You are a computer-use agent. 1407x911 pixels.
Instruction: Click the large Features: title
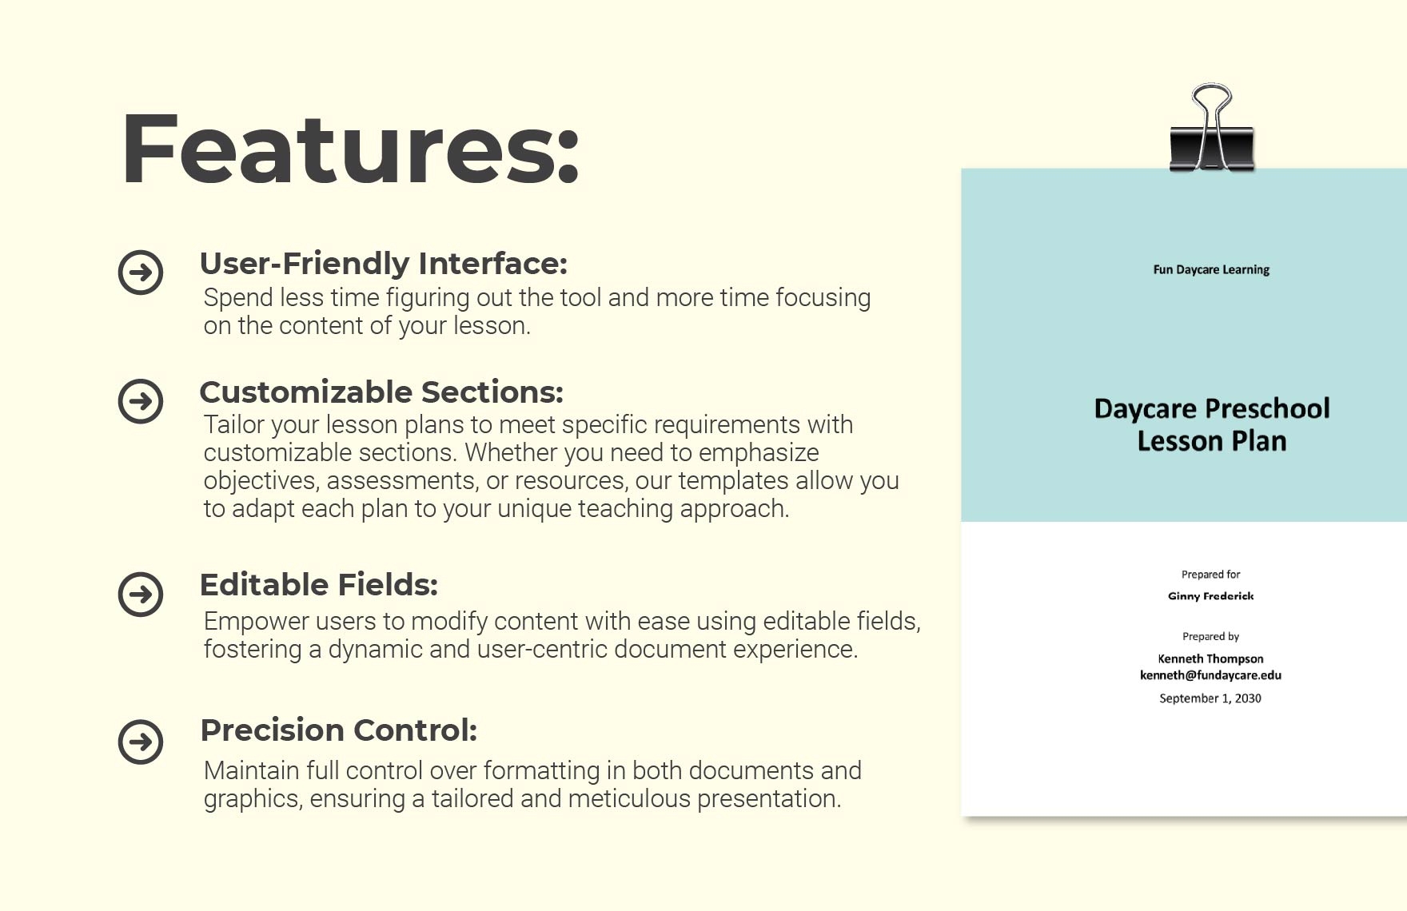pos(350,149)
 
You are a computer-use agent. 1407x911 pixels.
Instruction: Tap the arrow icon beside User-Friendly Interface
pos(141,273)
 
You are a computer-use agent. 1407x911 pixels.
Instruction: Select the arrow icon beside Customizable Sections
pos(141,401)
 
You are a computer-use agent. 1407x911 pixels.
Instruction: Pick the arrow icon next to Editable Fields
pos(141,595)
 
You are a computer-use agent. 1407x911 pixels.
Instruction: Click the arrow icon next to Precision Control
pos(141,742)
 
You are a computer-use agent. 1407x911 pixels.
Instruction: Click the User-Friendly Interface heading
pos(383,264)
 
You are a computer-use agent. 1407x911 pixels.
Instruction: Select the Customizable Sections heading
pos(381,392)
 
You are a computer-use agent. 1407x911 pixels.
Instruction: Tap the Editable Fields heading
pos(318,585)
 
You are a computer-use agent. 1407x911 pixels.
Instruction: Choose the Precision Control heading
pos(338,730)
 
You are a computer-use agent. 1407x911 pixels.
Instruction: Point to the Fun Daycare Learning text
pos(1211,270)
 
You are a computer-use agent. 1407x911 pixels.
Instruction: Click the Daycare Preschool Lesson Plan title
pos(1212,425)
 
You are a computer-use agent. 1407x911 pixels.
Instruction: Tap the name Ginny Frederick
pos(1211,596)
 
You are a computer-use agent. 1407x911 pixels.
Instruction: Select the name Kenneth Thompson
pos(1211,658)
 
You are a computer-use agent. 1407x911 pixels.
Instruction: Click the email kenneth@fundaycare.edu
pos(1211,675)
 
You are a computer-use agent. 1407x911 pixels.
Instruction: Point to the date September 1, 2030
pos(1210,698)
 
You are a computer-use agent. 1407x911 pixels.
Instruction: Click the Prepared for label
pos(1211,575)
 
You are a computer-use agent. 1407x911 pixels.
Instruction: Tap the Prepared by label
pos(1211,637)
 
